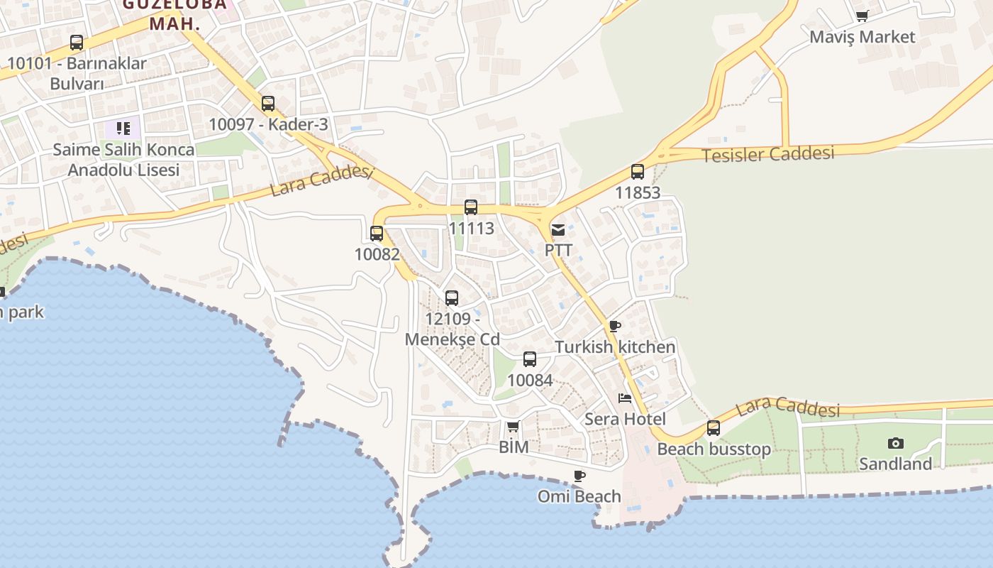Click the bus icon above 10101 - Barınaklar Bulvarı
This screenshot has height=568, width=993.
(77, 43)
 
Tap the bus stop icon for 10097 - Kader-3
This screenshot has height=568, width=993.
(268, 104)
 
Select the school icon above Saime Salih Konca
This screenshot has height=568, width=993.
(123, 129)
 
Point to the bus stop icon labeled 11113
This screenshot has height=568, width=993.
(471, 207)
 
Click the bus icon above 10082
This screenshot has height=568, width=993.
(377, 233)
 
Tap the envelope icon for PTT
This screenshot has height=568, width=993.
(558, 229)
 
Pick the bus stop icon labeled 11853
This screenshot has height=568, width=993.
(638, 172)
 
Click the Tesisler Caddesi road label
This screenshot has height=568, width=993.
(768, 154)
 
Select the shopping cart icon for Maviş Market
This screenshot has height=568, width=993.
(862, 16)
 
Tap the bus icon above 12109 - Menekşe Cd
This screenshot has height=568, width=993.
(452, 298)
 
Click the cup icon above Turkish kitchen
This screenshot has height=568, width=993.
(615, 327)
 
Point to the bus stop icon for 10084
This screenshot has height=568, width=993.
(530, 359)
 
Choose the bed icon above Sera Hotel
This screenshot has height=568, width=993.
(625, 398)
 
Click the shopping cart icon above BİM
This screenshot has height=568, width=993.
(514, 427)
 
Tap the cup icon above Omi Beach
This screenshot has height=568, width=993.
(579, 476)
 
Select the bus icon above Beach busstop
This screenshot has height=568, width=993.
(714, 428)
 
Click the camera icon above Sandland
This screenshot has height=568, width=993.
(896, 444)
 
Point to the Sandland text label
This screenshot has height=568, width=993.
(895, 464)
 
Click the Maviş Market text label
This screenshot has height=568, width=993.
(862, 37)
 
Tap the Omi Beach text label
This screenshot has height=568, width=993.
(579, 496)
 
